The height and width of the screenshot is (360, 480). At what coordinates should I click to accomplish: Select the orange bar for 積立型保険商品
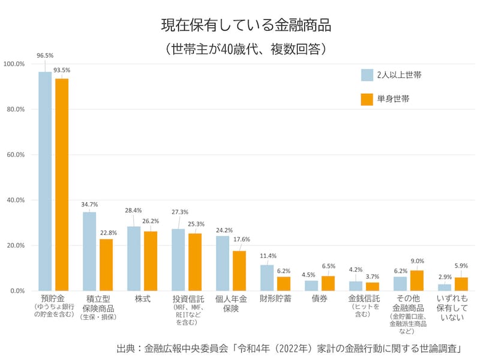point(106,265)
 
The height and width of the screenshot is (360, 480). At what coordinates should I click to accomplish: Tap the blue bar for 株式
point(134,258)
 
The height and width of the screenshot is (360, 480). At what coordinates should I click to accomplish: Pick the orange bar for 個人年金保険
point(239,271)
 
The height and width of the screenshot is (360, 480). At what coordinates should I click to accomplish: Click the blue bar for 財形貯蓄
point(267,277)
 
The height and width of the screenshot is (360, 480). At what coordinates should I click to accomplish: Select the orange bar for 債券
point(328,283)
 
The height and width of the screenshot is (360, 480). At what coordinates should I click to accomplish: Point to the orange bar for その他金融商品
point(416,280)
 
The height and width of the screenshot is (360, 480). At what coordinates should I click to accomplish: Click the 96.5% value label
point(45,56)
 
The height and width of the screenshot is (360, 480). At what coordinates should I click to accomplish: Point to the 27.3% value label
point(179,212)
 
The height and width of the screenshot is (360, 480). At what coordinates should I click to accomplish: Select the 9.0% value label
point(417,261)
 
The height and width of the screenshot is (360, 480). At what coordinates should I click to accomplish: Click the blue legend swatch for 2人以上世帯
point(367,75)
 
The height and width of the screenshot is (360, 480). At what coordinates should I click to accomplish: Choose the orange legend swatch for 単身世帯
point(367,99)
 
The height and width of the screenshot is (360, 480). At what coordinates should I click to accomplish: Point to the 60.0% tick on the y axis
point(14,155)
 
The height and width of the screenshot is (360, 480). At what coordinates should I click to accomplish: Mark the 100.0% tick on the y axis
point(14,64)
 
